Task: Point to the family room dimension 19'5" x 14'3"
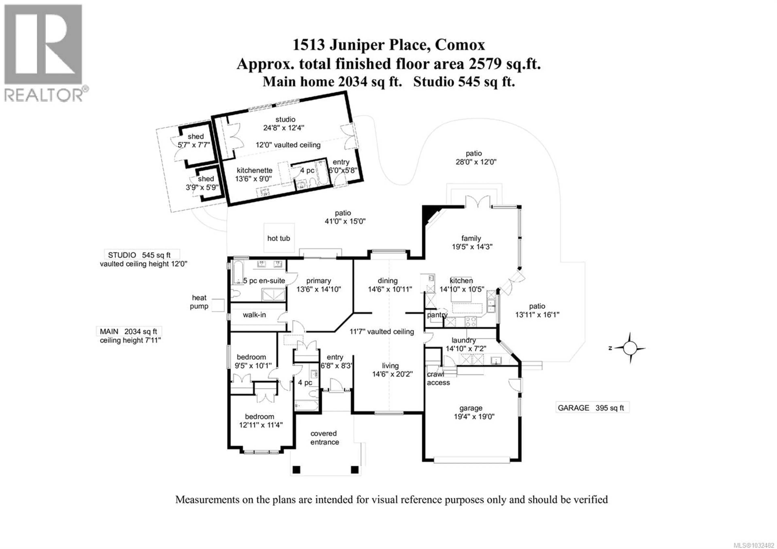pos(472,247)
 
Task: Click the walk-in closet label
pos(254,315)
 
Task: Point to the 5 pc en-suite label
pos(264,281)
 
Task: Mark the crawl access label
pos(438,378)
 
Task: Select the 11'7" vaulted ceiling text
pos(382,332)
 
